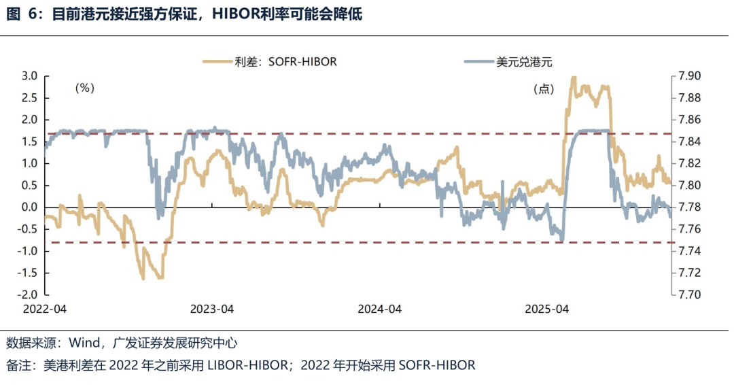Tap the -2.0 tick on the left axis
[x=28, y=295]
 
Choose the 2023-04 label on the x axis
[x=212, y=309]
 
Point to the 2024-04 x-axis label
[x=380, y=309]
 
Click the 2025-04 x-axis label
[x=546, y=309]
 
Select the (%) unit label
[x=84, y=88]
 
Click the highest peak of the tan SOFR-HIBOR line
[x=573, y=78]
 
